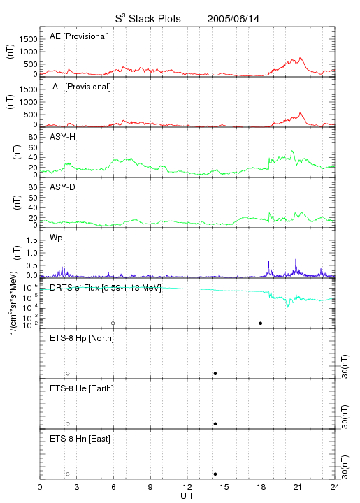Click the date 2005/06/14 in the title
233,19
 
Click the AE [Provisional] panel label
79,36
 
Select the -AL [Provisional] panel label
80,87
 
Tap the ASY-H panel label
63,137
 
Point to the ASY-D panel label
63,187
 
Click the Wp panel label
56,238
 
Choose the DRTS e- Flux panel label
106,288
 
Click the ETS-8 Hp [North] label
82,338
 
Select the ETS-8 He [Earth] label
82,388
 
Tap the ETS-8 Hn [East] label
80,439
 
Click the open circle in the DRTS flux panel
113,323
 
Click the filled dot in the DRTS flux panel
261,323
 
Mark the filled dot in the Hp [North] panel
215,373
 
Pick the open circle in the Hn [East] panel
68,474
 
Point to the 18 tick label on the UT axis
261,487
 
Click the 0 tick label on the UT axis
40,487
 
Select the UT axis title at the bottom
187,496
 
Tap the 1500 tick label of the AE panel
28,39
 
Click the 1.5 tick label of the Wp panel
31,240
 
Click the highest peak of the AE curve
301,58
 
